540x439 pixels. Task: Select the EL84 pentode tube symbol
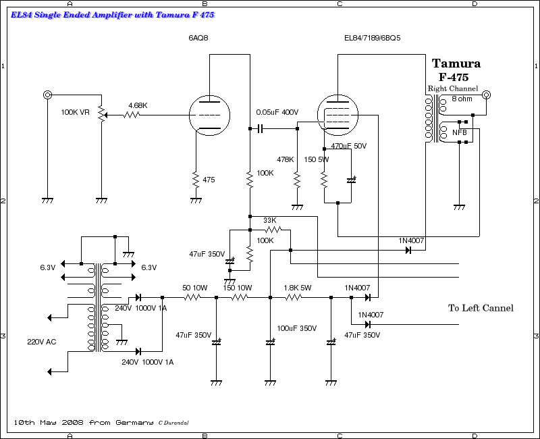tap(337, 115)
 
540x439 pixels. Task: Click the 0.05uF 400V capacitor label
tap(277, 112)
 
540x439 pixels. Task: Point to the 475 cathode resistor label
tap(209, 180)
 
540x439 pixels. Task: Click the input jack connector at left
tap(47, 95)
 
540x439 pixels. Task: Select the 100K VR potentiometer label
tap(75, 112)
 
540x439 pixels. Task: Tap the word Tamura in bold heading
tap(456, 63)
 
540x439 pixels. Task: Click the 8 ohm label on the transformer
tap(462, 99)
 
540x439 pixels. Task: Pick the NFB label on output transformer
tap(460, 132)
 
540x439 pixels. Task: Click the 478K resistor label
tap(285, 159)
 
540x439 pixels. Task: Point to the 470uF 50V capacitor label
tap(348, 146)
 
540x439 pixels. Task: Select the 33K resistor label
tap(269, 220)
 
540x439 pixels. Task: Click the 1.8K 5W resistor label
tap(297, 288)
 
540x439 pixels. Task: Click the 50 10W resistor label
tap(195, 288)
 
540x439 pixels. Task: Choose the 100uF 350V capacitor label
tap(297, 328)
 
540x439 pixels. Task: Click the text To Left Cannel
tap(481, 308)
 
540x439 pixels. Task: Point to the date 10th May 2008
tap(49, 422)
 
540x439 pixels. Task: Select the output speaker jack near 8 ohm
tap(485, 95)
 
